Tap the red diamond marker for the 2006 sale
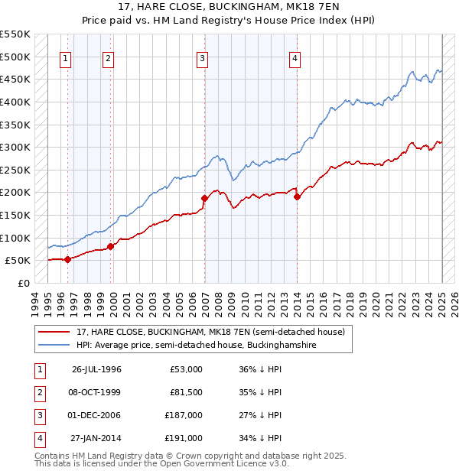click(204, 199)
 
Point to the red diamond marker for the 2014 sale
click(297, 196)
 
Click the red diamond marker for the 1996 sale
click(67, 259)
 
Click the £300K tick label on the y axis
click(15, 147)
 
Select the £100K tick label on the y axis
click(15, 238)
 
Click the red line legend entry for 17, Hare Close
click(210, 332)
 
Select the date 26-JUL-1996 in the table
click(96, 369)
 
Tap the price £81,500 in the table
click(184, 392)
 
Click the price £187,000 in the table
click(184, 415)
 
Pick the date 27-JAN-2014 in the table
click(96, 438)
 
